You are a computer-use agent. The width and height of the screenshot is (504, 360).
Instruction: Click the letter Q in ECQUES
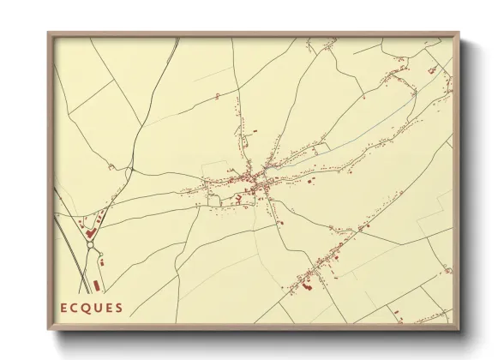click(87, 308)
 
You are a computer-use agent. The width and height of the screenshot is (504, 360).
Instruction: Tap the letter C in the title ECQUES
click(76, 308)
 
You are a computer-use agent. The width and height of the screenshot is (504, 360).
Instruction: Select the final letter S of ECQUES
click(119, 308)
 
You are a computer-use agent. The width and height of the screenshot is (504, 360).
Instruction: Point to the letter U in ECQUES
click(99, 308)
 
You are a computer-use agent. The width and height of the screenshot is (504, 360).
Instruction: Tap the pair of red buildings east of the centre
click(311, 182)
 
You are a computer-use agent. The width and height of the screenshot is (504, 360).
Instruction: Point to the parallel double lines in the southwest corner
click(75, 257)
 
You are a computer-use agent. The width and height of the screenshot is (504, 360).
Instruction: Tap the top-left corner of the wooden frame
click(48, 33)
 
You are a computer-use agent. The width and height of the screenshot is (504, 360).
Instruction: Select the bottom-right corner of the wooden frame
click(459, 330)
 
